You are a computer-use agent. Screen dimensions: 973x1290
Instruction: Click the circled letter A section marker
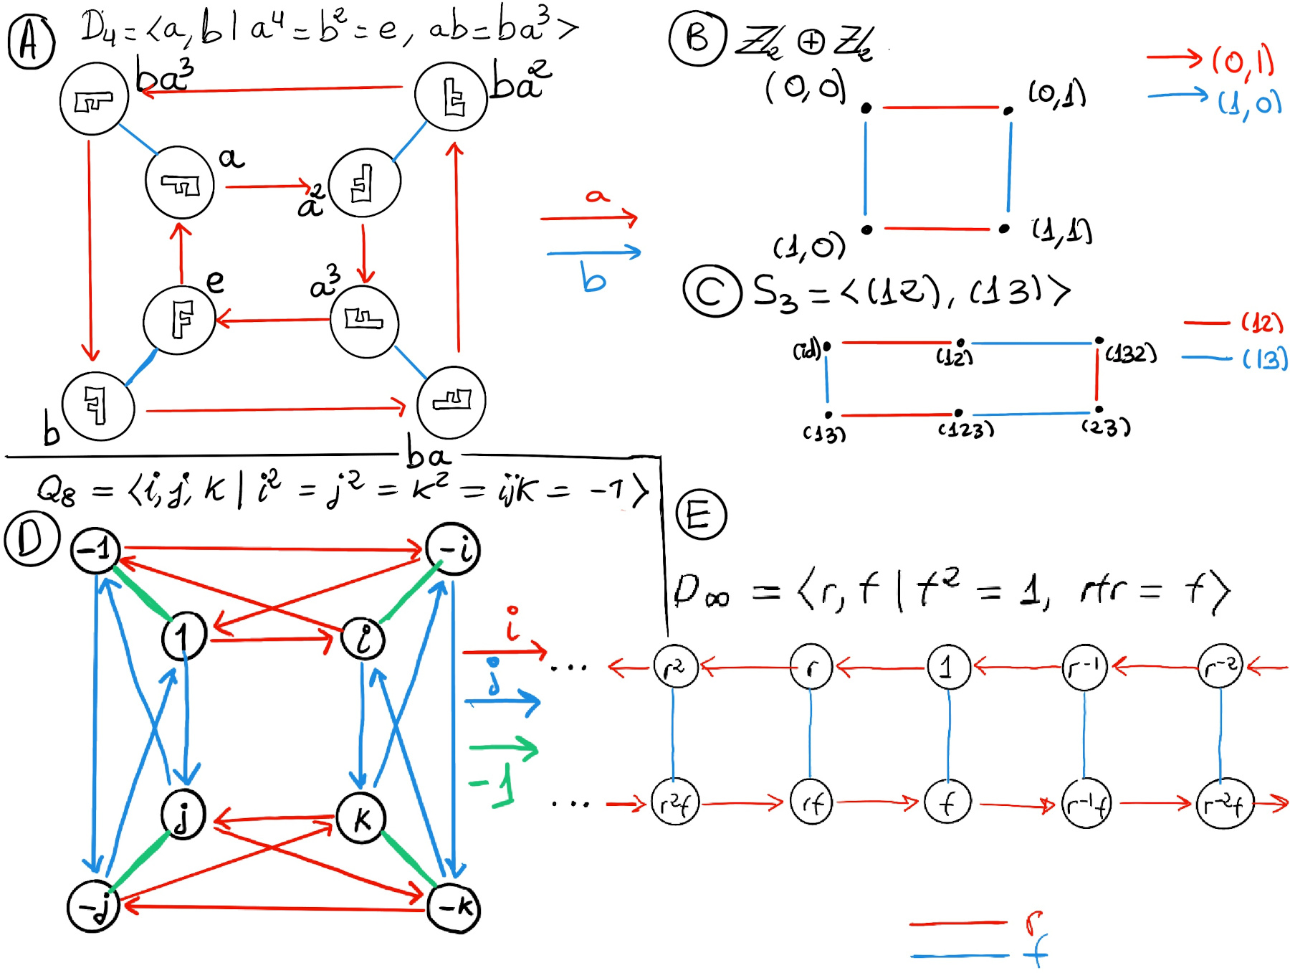pyautogui.click(x=30, y=42)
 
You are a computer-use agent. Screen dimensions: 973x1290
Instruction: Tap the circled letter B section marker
pyautogui.click(x=697, y=38)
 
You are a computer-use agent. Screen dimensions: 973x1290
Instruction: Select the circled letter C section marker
pyautogui.click(x=711, y=290)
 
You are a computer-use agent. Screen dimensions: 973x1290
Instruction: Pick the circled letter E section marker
pyautogui.click(x=701, y=514)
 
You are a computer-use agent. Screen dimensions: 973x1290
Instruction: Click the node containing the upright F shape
pyautogui.click(x=179, y=320)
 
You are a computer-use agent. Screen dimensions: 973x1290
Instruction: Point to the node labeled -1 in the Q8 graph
pyautogui.click(x=95, y=550)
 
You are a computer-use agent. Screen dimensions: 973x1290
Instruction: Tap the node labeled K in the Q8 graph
pyautogui.click(x=361, y=818)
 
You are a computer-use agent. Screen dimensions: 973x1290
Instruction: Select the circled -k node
pyautogui.click(x=454, y=907)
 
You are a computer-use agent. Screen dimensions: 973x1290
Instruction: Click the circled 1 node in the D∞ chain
pyautogui.click(x=948, y=667)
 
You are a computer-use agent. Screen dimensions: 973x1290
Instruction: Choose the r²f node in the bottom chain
pyautogui.click(x=674, y=804)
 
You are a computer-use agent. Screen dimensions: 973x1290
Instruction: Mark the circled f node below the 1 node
pyautogui.click(x=947, y=803)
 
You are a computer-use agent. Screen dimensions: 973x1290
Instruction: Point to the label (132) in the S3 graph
pyautogui.click(x=1131, y=353)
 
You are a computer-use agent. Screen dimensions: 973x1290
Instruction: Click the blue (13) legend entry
pyautogui.click(x=1264, y=358)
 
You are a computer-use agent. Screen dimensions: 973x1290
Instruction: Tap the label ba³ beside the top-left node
pyautogui.click(x=165, y=76)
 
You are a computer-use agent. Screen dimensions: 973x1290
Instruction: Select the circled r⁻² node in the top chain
pyautogui.click(x=1220, y=667)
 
